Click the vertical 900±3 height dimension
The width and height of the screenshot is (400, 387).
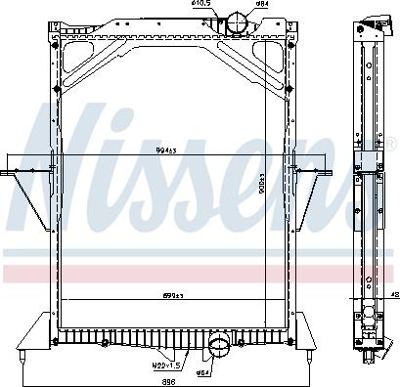277,187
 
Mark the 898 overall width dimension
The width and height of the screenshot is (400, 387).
168,381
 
